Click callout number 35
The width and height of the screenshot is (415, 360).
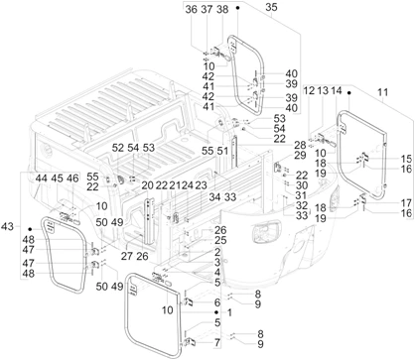271,7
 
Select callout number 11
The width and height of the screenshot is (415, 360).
382,92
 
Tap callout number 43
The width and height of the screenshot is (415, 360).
7,226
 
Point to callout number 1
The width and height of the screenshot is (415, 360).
229,312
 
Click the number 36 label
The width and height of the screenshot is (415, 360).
192,9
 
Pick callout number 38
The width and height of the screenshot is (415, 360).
222,9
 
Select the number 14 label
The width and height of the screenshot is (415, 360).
337,90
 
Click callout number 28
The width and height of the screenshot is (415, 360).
300,145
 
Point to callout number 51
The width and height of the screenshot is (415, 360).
222,151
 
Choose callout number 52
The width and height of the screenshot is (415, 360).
117,148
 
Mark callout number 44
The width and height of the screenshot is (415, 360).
41,179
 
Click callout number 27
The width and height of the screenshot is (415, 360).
126,256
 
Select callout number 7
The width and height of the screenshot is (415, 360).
217,343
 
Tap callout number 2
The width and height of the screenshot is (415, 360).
217,252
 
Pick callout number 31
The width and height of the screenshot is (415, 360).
301,195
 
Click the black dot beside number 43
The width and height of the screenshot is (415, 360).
30,229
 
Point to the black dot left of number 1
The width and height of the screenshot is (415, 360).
216,312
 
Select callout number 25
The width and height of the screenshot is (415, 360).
220,240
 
